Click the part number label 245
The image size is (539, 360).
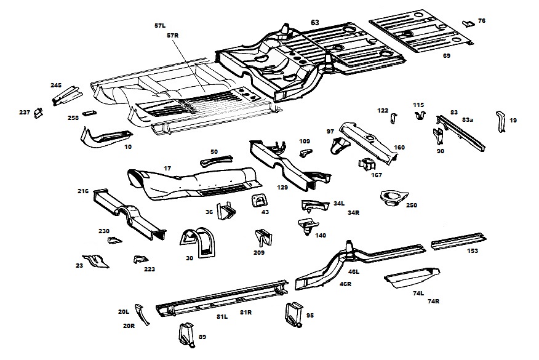coord(56,85)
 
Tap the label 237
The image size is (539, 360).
coord(24,112)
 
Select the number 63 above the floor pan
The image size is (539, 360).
coord(315,22)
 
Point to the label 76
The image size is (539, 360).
coord(482,21)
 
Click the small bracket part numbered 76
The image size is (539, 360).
coord(468,23)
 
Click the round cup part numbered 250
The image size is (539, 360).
coord(390,199)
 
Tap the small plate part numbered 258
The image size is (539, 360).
coord(90,113)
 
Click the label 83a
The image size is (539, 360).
coord(468,119)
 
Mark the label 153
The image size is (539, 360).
coord(473,251)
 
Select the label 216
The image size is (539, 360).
coord(83,191)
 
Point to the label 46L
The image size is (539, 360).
coord(354,271)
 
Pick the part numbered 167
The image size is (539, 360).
coord(367,166)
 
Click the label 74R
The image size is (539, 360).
coord(433,301)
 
